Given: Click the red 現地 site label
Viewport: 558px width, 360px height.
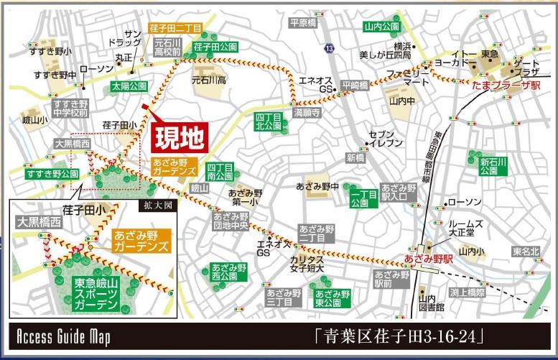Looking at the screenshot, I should click(180, 136).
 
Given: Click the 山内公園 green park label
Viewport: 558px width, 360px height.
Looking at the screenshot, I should click(381, 27).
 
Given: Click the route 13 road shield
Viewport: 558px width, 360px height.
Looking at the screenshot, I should click(329, 48).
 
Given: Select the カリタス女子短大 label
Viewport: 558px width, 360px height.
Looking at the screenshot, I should click(307, 264).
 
